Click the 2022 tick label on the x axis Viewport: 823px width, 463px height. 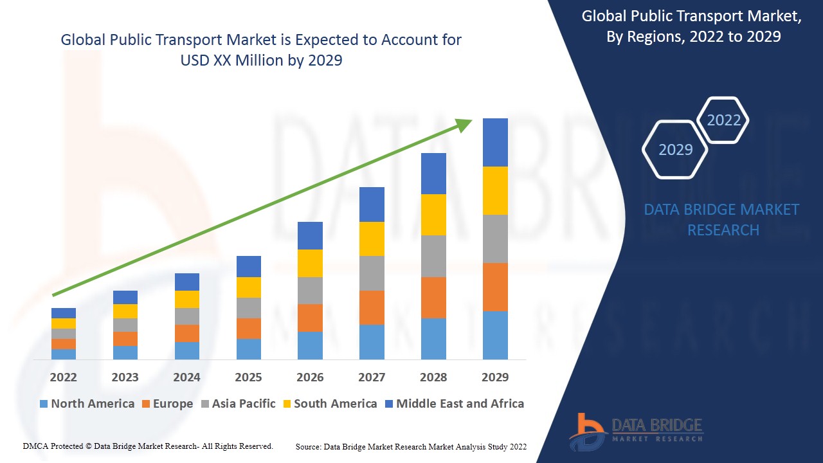pyautogui.click(x=63, y=377)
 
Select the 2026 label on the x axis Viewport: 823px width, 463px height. pyautogui.click(x=310, y=377)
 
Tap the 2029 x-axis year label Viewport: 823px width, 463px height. pyautogui.click(x=495, y=377)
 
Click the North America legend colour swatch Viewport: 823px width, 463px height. pyautogui.click(x=44, y=404)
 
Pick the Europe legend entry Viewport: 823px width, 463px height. pyautogui.click(x=167, y=404)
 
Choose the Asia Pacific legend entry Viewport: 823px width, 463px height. pyautogui.click(x=238, y=404)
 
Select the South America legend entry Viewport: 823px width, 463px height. pyautogui.click(x=329, y=404)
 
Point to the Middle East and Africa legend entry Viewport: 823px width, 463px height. pyautogui.click(x=454, y=404)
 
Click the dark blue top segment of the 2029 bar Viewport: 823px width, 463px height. pyautogui.click(x=495, y=142)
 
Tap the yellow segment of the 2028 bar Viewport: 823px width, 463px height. pyautogui.click(x=433, y=215)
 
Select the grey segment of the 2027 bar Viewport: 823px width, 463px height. pyautogui.click(x=372, y=273)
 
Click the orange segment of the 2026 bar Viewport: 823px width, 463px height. pyautogui.click(x=310, y=318)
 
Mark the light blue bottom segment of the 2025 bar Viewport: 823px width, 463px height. pyautogui.click(x=248, y=349)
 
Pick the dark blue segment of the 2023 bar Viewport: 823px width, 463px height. pyautogui.click(x=125, y=297)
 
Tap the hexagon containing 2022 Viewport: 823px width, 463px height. pyautogui.click(x=723, y=120)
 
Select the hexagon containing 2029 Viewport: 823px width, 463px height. pyautogui.click(x=675, y=149)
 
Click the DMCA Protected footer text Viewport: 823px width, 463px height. pyautogui.click(x=148, y=446)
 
